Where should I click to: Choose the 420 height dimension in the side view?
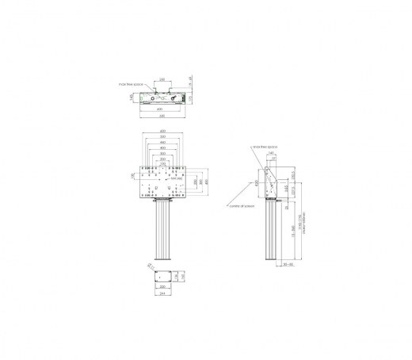click(257, 183)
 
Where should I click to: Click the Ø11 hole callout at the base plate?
click(149, 266)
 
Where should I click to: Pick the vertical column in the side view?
click(269, 234)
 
